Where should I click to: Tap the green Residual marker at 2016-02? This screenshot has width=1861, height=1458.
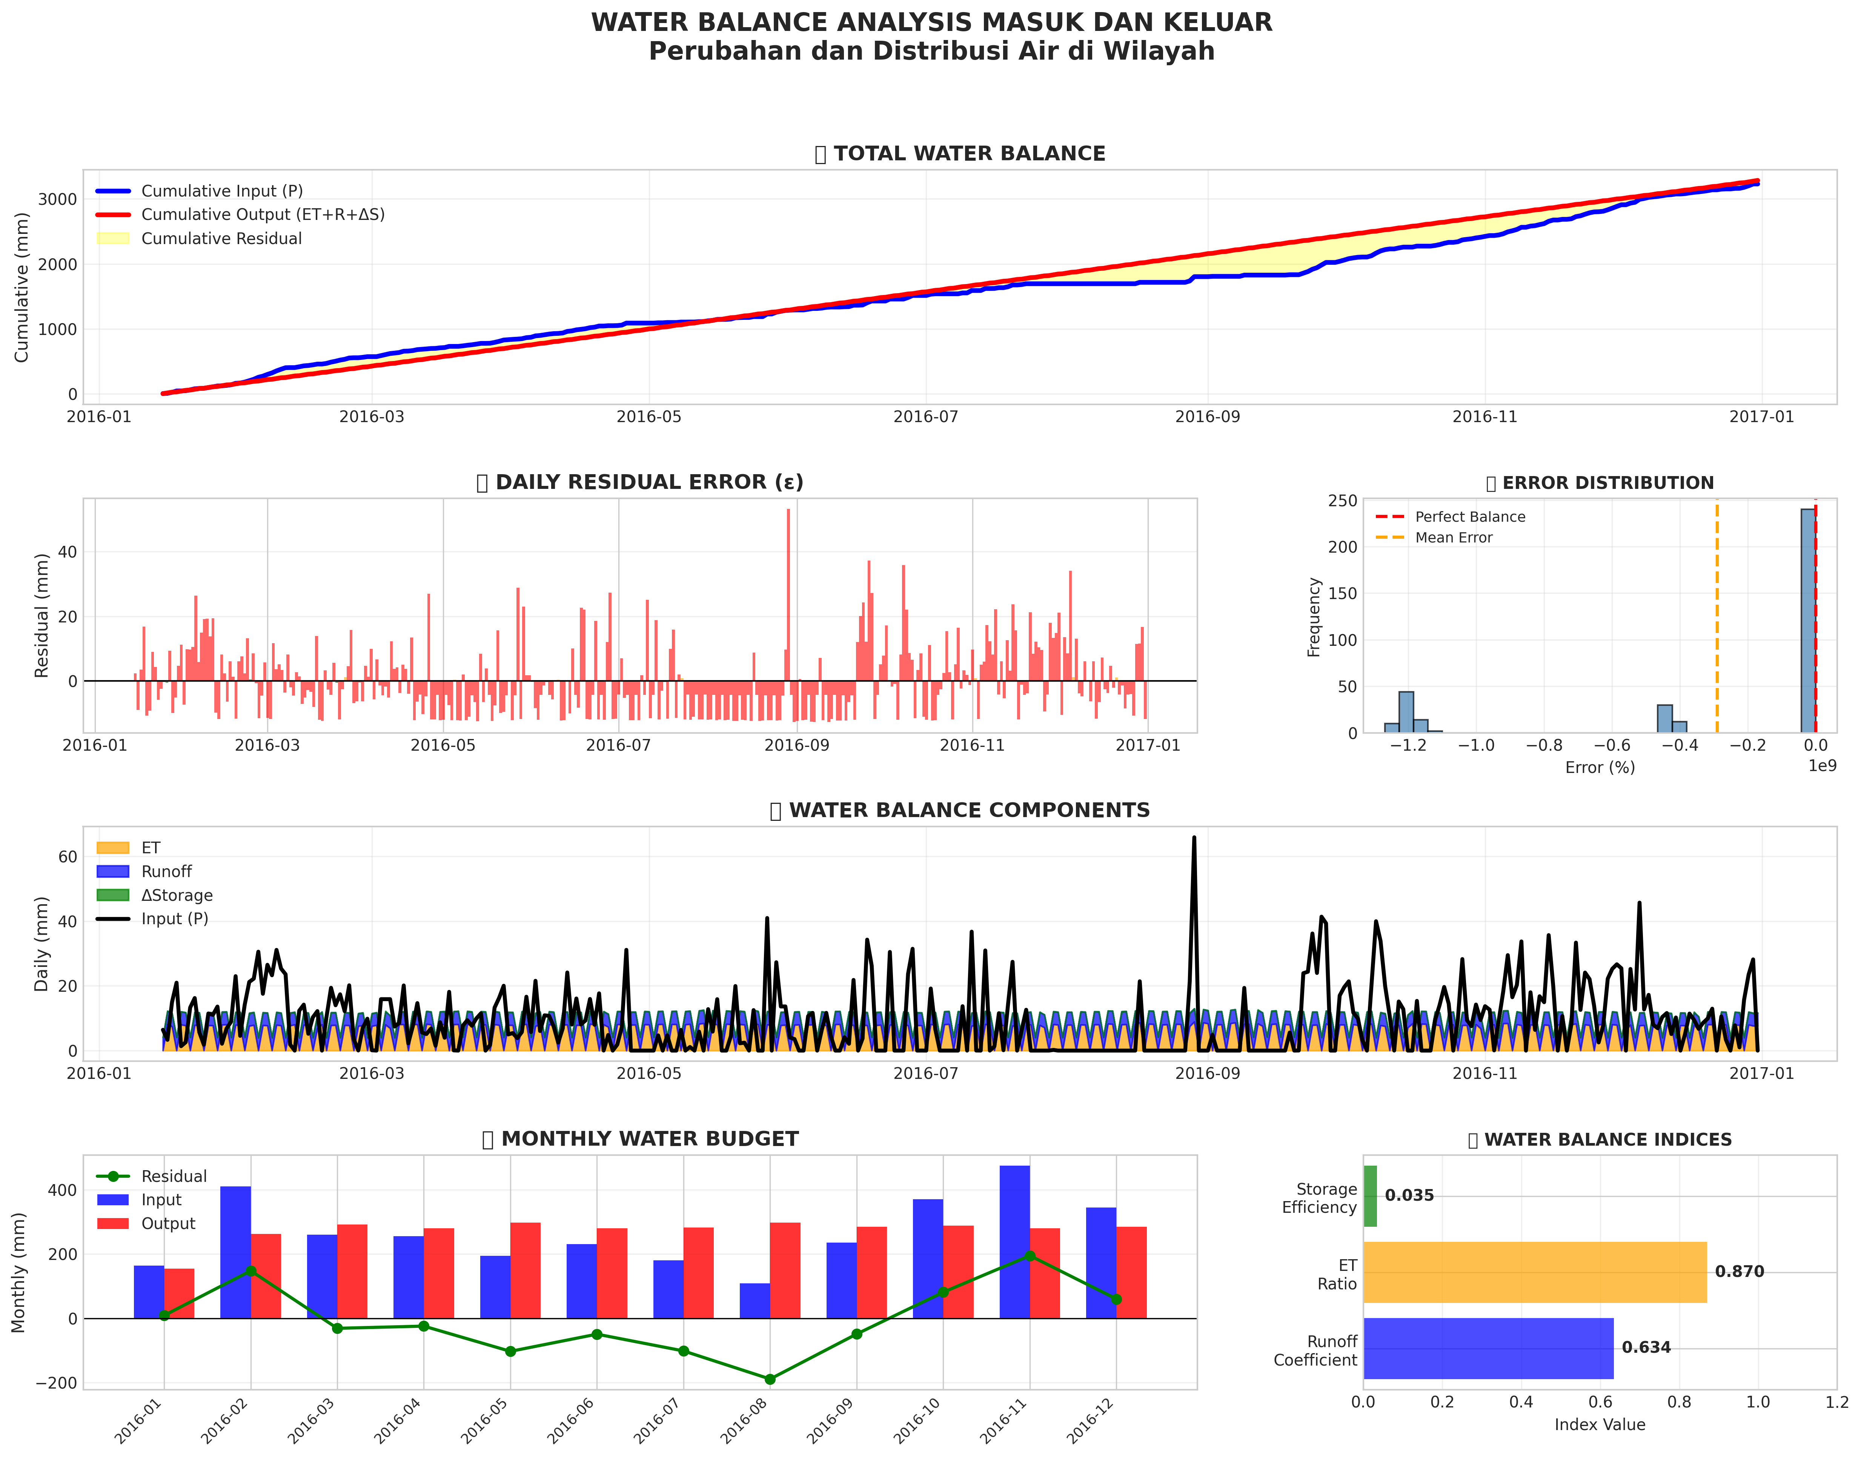tap(251, 1271)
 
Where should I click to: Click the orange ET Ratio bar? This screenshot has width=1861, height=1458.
tap(1534, 1272)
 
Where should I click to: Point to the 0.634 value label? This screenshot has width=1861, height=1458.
tap(1646, 1348)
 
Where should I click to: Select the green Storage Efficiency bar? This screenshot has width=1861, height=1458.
tap(1370, 1196)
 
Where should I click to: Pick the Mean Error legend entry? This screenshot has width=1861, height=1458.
tap(1453, 538)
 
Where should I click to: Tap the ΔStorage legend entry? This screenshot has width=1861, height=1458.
tap(177, 896)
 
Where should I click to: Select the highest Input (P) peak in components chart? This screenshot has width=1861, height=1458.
tap(1194, 838)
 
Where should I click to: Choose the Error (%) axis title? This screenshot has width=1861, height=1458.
tap(1600, 767)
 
